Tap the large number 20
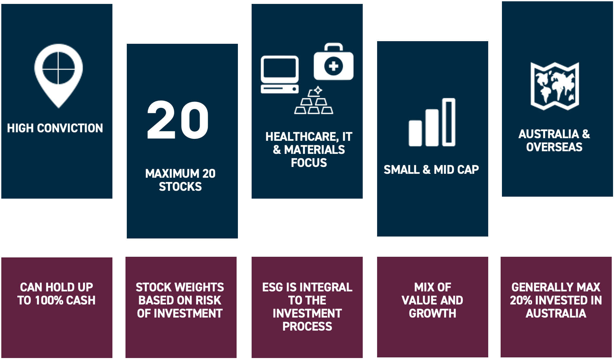coord(178,120)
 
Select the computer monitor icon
coord(280,75)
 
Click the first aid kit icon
coord(334,62)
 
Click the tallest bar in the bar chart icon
coord(449,122)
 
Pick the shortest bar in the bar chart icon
coord(415,133)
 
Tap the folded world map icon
coord(555,86)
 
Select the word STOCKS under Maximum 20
coord(180,187)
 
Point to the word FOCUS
coord(309,163)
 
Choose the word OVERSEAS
coord(554,147)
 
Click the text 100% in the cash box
coord(49,300)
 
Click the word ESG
coord(273,287)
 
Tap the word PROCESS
coord(307,326)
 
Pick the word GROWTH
coord(433,313)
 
